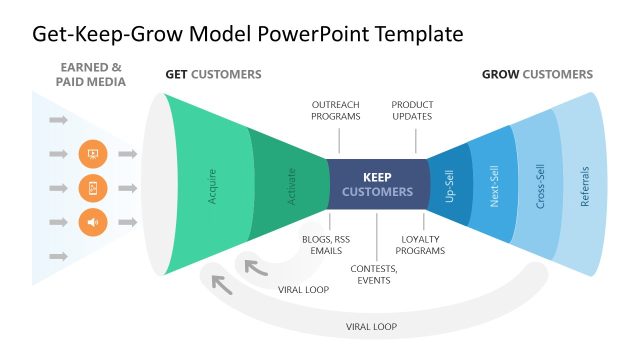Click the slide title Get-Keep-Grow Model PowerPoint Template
tap(248, 34)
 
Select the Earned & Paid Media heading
tap(91, 75)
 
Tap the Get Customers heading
tap(213, 75)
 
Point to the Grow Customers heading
tap(537, 75)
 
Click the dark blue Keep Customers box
tap(376, 184)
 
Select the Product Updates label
tap(412, 110)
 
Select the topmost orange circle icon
tap(92, 154)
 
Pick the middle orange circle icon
tap(92, 188)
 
